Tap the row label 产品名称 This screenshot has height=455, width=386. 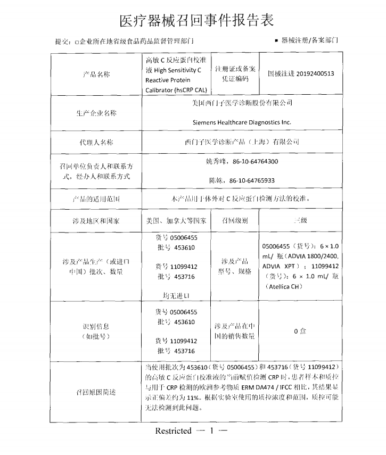pos(97,75)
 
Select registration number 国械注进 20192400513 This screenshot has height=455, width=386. pos(301,73)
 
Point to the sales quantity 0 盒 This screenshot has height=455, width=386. pos(300,331)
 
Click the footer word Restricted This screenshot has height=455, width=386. pos(173,431)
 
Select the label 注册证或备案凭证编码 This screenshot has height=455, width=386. pos(235,74)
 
